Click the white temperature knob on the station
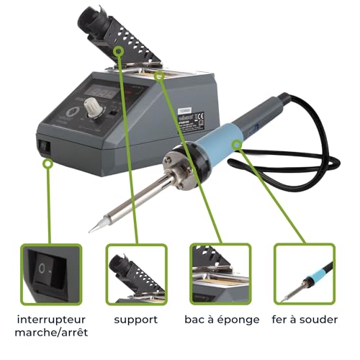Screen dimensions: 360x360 [x=94, y=107]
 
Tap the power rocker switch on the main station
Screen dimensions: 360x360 [x=44, y=146]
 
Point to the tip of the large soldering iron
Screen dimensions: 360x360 [x=89, y=232]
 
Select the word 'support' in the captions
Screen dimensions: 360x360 [x=136, y=320]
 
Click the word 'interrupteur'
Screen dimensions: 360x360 [x=51, y=320]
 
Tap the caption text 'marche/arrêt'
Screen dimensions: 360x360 [x=51, y=333]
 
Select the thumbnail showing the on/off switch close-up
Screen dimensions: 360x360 [x=51, y=274]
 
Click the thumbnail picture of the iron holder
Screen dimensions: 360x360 [x=136, y=274]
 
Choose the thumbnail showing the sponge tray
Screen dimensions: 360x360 [x=220, y=274]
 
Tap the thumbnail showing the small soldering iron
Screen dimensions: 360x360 [x=305, y=274]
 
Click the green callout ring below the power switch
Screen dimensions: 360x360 [x=48, y=163]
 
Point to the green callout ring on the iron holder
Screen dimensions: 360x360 [x=118, y=51]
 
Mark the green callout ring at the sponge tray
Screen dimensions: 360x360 [x=159, y=76]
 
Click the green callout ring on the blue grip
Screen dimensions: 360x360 [x=237, y=144]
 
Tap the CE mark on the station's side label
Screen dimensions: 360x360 [x=201, y=117]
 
